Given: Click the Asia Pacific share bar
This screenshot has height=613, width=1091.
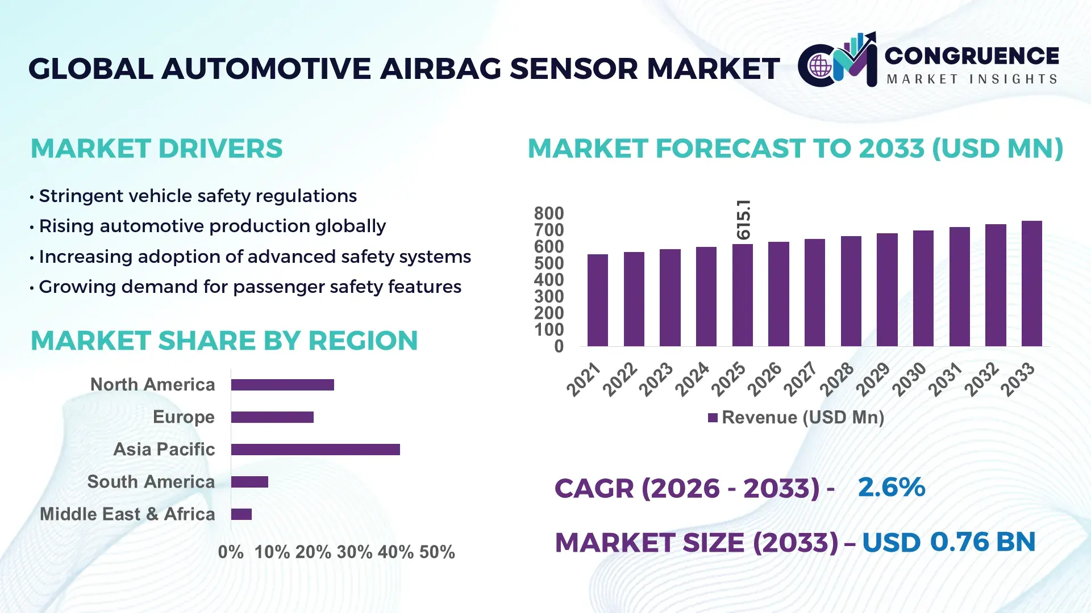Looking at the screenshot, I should coord(315,450).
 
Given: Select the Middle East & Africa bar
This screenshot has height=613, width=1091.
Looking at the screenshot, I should coord(241,514).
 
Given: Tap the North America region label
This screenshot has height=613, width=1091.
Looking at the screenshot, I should coord(152,385).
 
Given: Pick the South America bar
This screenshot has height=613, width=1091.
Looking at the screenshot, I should coord(249,482).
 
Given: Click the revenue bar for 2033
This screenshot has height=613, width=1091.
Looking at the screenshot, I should coord(1031,284).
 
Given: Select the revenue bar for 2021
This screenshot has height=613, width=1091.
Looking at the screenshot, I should coord(597,301).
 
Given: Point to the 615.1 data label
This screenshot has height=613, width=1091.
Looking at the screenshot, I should coord(743,219).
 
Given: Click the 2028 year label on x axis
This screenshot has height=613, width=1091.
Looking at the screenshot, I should coord(836,379).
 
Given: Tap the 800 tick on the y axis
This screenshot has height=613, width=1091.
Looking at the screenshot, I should coord(548,213).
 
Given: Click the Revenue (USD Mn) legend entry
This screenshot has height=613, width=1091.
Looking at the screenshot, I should coord(796,418).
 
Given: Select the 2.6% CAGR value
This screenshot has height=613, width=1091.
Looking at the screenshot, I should coord(891,487).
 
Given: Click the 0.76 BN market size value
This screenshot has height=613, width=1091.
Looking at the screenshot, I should coord(982,541).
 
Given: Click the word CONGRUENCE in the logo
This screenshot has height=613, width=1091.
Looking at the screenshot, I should coord(972,56).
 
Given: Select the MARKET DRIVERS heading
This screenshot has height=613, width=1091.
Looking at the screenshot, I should coord(156,149).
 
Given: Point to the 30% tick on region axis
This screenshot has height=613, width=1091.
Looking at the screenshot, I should coord(354,552).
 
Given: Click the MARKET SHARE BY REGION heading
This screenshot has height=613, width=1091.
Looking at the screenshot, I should coord(224,341).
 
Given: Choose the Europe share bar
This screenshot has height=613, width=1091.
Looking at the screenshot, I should coord(272,417).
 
